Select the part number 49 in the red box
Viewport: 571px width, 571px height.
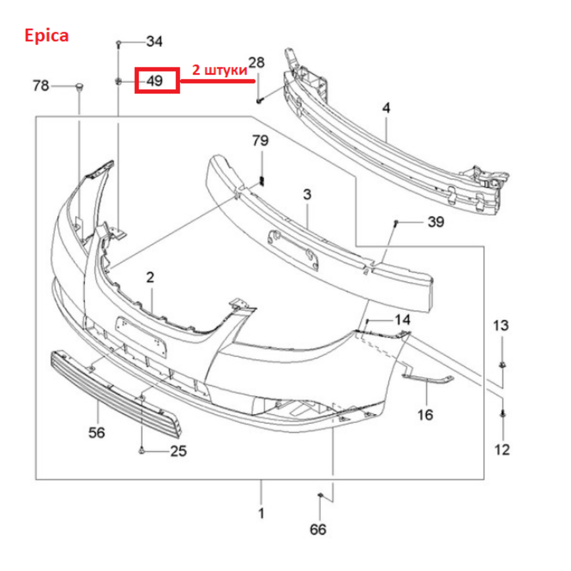(155, 81)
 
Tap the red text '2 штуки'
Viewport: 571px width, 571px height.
(220, 70)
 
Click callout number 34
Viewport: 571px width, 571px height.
(154, 42)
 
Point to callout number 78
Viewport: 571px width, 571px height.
(41, 86)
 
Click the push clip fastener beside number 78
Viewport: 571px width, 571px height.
(79, 87)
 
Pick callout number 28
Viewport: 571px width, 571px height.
(256, 63)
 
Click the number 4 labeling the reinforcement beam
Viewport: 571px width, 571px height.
(387, 108)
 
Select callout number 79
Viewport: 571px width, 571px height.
(260, 140)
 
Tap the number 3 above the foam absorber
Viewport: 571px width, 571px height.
(307, 195)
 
